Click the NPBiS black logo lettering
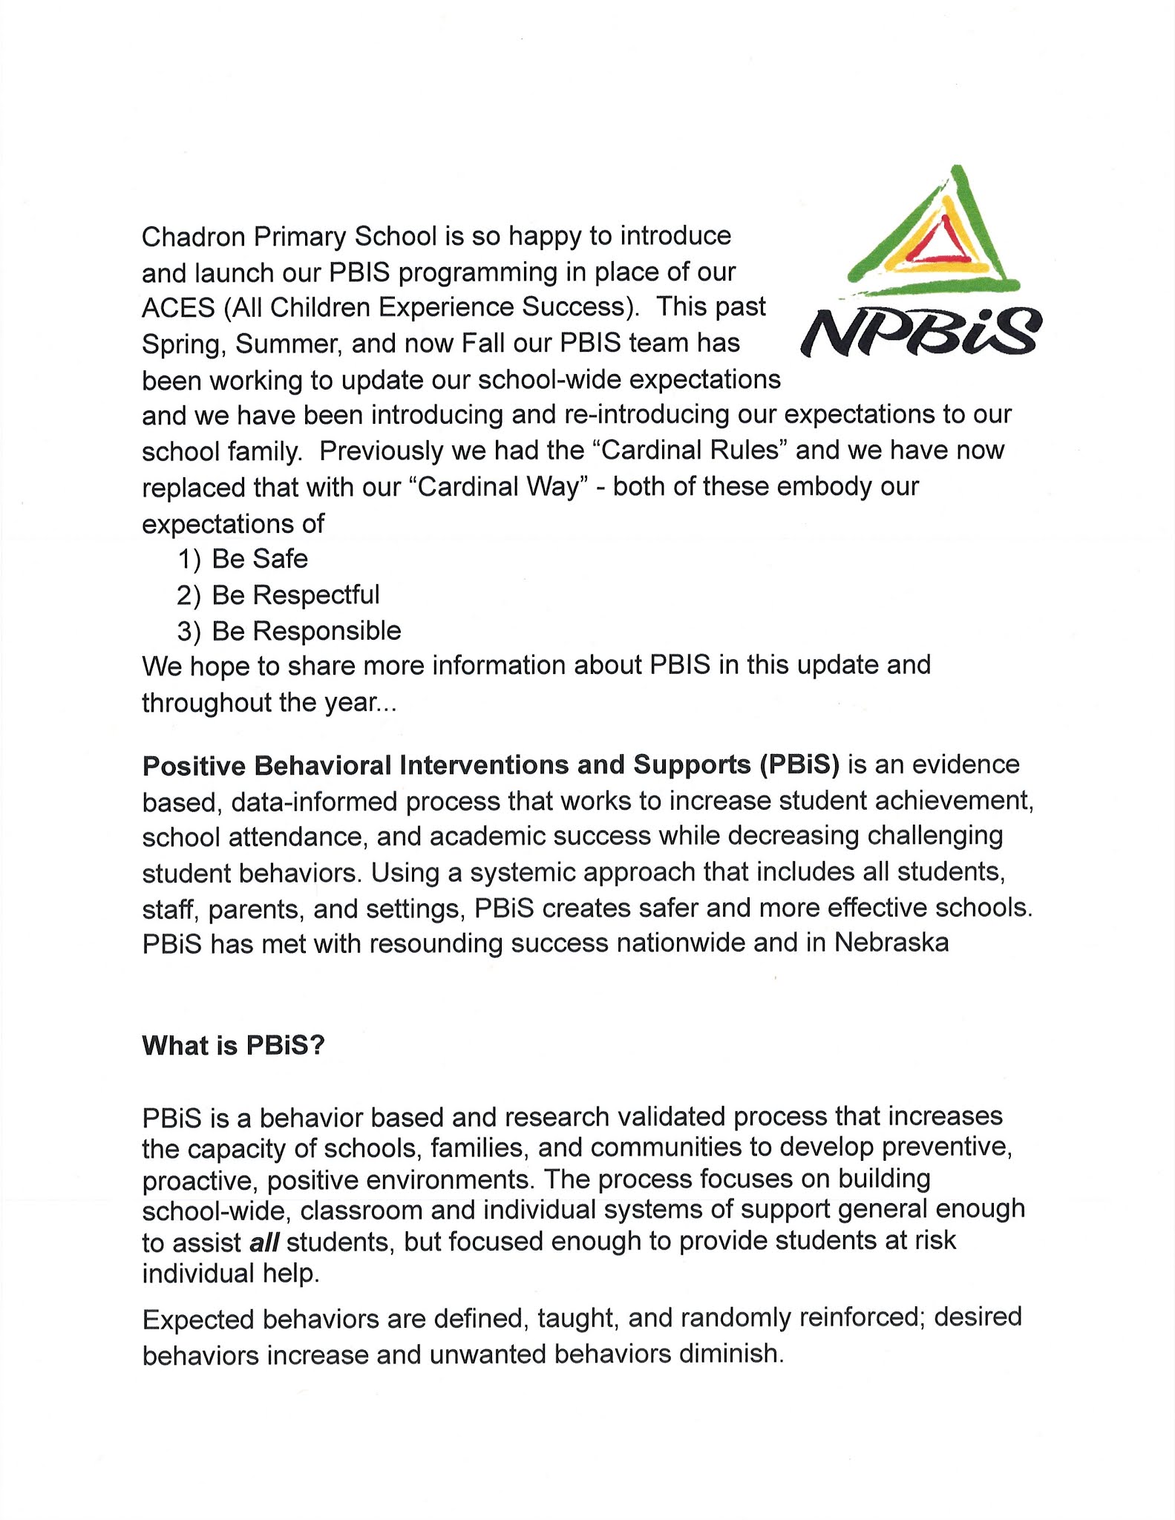(x=920, y=333)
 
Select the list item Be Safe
(x=260, y=559)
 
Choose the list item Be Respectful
(x=295, y=595)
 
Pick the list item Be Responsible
(x=307, y=631)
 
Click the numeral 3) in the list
(x=189, y=632)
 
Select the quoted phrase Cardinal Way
(x=498, y=488)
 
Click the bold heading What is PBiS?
(x=234, y=1046)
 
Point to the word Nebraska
(x=891, y=943)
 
